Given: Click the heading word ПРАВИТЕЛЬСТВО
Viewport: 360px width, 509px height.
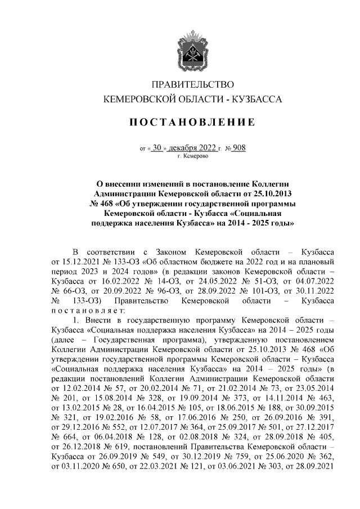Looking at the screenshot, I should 193,85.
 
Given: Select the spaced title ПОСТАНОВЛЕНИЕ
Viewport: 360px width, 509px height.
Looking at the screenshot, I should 193,122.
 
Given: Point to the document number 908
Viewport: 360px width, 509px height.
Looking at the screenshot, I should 239,148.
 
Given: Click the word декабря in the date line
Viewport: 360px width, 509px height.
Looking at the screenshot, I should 188,148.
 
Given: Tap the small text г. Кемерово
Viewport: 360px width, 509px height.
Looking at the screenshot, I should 192,156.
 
